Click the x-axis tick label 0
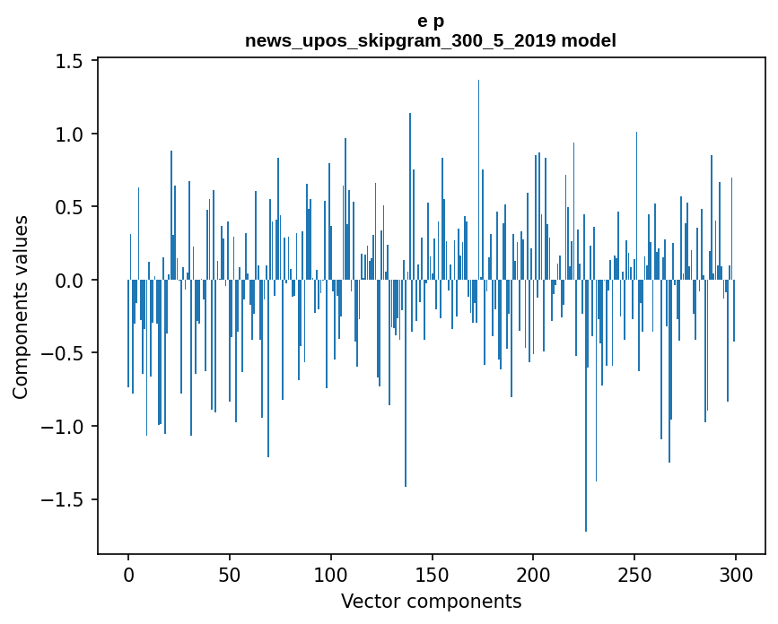point(128,574)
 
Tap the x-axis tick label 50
point(230,574)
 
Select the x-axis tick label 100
point(331,574)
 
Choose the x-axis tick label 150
point(433,574)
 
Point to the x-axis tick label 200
point(533,574)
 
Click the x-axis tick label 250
point(634,574)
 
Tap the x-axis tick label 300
point(736,574)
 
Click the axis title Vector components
point(431,601)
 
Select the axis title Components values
point(21,307)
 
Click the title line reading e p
point(431,21)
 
